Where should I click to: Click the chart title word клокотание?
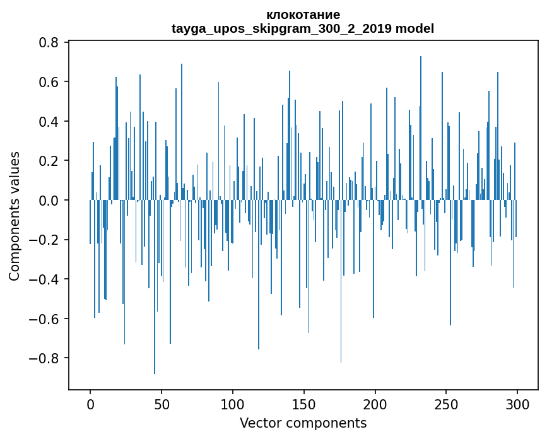click(303, 15)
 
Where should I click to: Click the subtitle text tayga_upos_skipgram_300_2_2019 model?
click(303, 28)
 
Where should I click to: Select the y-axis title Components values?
click(14, 216)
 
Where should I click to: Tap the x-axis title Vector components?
click(303, 423)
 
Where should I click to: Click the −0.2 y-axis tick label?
click(46, 240)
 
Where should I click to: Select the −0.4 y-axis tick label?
click(46, 279)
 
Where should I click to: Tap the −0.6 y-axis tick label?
click(46, 319)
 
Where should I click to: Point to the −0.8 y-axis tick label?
click(46, 358)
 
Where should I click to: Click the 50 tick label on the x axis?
click(162, 404)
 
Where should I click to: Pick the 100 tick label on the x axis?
click(233, 404)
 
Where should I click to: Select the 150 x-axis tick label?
click(303, 404)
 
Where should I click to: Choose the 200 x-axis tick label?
click(375, 404)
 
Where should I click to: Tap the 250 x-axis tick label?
click(446, 404)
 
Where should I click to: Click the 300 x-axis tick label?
click(517, 404)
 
